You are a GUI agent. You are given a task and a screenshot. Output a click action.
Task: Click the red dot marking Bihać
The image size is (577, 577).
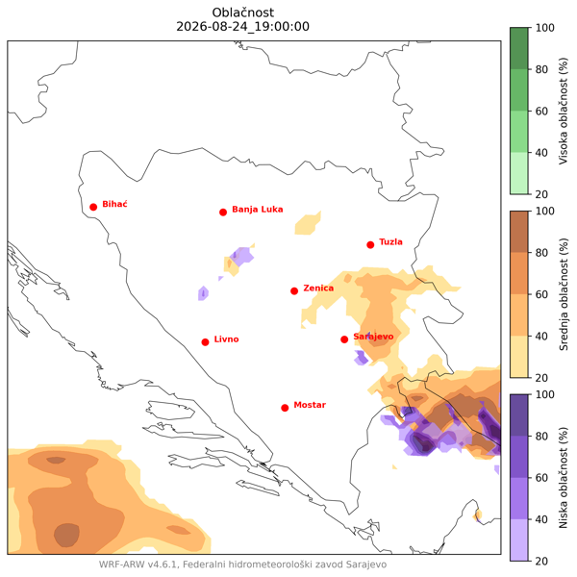point(93,207)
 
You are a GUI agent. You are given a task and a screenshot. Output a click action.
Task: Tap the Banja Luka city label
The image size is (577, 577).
point(257,210)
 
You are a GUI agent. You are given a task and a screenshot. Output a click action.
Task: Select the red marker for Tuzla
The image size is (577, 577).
point(370,244)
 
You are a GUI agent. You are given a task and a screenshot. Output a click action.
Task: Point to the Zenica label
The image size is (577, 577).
point(318,288)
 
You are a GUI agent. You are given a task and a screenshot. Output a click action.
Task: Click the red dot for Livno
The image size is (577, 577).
point(206,342)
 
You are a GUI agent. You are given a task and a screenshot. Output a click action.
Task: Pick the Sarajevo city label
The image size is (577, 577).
point(373,337)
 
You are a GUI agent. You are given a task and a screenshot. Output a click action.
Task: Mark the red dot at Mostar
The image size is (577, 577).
point(285,408)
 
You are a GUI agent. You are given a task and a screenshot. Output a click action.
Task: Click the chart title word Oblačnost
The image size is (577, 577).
point(243,13)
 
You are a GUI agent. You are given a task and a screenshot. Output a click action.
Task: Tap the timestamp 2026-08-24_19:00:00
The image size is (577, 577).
point(243,27)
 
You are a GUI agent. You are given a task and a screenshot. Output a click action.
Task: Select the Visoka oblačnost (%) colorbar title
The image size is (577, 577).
point(564,111)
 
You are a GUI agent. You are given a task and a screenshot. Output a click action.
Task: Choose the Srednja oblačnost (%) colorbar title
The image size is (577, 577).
point(564,294)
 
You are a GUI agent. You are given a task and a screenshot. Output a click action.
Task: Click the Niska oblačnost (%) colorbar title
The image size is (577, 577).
point(564,478)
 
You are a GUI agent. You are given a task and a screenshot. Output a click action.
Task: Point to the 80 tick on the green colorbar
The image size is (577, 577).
point(541,69)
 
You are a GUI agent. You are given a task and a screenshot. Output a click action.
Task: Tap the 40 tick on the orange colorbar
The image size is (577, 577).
point(541,336)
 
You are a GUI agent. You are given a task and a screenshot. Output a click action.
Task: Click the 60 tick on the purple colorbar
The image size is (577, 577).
point(541,478)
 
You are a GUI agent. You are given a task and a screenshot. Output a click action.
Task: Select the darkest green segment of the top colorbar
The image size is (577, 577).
point(519,49)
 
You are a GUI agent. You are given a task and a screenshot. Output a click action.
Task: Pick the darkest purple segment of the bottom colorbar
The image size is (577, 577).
point(519,415)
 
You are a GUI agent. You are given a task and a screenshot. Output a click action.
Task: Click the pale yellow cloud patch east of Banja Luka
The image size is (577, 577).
point(308,224)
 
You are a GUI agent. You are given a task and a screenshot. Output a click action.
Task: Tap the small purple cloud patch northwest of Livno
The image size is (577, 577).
point(203,293)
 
